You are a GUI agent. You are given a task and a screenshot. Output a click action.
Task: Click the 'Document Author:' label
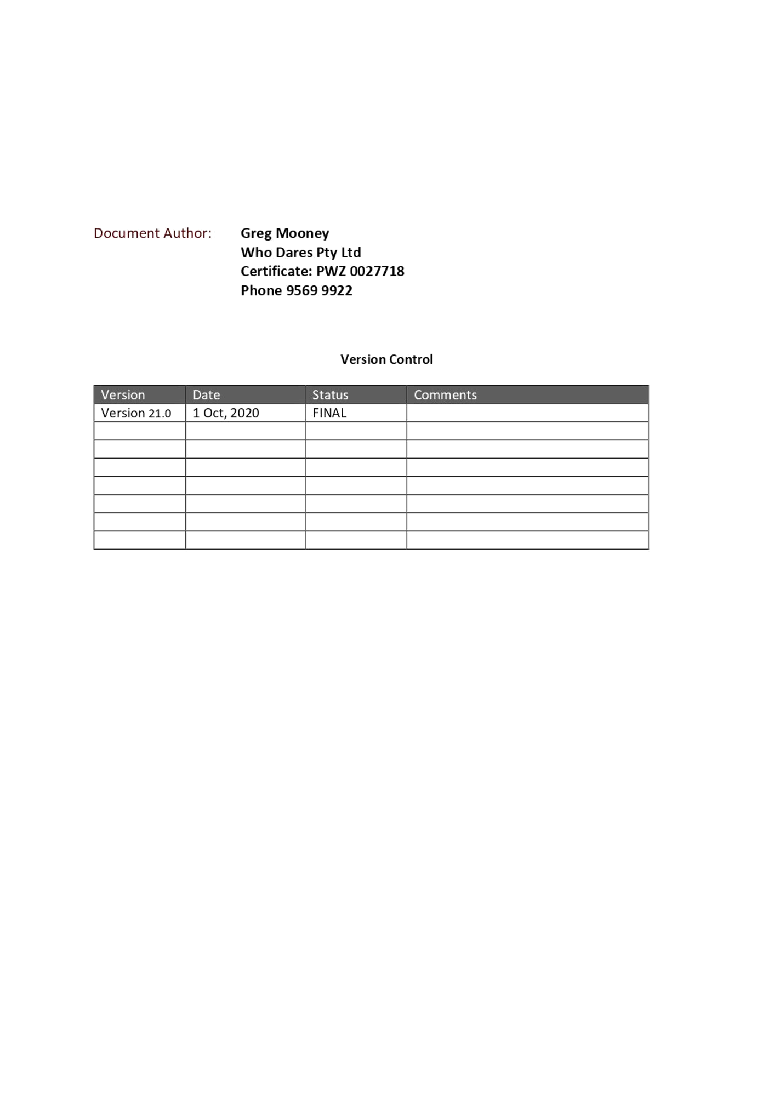coord(152,233)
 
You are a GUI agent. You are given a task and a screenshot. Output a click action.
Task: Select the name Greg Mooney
coord(284,234)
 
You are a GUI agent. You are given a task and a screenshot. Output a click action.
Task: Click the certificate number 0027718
coord(377,271)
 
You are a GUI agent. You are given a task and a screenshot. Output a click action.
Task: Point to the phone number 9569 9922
coord(320,290)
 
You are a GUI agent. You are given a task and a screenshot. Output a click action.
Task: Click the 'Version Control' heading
coord(386,359)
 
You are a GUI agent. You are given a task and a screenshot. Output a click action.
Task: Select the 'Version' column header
coord(123,395)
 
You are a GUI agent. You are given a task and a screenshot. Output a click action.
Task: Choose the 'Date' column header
coord(206,395)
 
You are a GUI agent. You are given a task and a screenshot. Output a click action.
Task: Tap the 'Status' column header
coord(330,395)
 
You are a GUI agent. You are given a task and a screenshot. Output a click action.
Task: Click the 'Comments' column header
coord(445,395)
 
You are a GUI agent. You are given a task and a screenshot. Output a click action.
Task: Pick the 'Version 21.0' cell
coord(136,413)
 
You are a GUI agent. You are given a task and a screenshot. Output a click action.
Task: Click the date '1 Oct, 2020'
coord(226,413)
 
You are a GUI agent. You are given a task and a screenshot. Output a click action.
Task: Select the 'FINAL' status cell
coord(329,413)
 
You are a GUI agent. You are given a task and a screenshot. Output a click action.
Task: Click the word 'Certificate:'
coord(276,271)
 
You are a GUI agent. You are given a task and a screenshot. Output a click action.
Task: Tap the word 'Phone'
coord(261,290)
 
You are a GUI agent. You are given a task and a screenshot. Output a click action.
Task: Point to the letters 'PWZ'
coord(331,271)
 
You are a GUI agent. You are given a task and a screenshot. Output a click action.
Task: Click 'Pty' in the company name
coord(327,253)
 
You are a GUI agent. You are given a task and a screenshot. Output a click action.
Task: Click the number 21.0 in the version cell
coord(160,414)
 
